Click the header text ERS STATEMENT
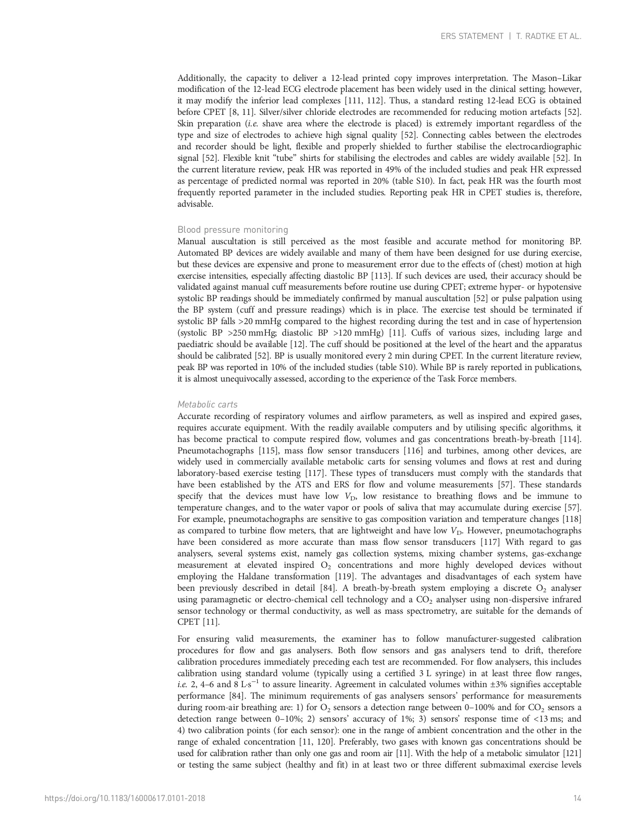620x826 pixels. pos(472,36)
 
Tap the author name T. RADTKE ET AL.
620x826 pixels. pos(548,36)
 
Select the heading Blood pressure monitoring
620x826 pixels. pos(233,230)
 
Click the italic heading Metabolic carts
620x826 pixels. pos(207,405)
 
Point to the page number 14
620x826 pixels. pos(578,799)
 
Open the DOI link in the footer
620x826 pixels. pos(125,799)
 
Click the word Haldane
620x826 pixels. pos(238,577)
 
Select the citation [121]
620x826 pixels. pos(572,754)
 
